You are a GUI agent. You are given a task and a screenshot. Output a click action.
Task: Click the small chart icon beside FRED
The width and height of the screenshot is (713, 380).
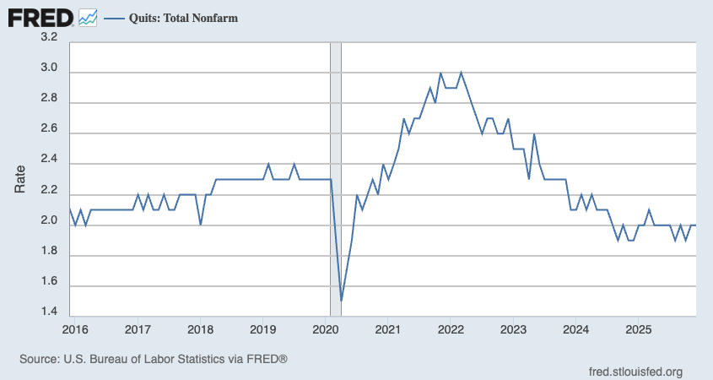tap(88, 16)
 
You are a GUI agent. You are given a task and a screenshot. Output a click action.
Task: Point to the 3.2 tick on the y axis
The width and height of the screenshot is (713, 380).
tap(49, 37)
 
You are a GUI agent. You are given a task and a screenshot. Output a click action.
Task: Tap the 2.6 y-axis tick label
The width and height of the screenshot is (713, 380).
tap(49, 129)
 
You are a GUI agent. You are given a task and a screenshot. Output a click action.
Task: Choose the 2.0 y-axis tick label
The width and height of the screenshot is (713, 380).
tap(49, 220)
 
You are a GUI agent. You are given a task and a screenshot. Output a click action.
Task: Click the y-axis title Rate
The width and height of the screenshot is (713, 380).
tap(21, 178)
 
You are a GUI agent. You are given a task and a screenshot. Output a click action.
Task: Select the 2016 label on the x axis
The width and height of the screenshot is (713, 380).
tap(76, 327)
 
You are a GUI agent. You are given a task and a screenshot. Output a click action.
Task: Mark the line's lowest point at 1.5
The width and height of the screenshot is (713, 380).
tap(341, 300)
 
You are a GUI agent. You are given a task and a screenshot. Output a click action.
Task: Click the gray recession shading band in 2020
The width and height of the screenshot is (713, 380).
tap(335, 169)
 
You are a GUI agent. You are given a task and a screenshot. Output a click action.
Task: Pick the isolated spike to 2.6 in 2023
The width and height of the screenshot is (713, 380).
tap(534, 134)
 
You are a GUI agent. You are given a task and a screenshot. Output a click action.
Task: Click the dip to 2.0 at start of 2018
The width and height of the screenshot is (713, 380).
tap(200, 225)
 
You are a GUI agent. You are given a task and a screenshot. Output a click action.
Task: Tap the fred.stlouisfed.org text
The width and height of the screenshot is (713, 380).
tap(635, 372)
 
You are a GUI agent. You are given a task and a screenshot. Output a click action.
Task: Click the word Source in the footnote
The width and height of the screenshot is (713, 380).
tap(39, 359)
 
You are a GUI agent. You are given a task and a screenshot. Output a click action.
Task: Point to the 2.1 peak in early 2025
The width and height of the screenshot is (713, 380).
tap(649, 209)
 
